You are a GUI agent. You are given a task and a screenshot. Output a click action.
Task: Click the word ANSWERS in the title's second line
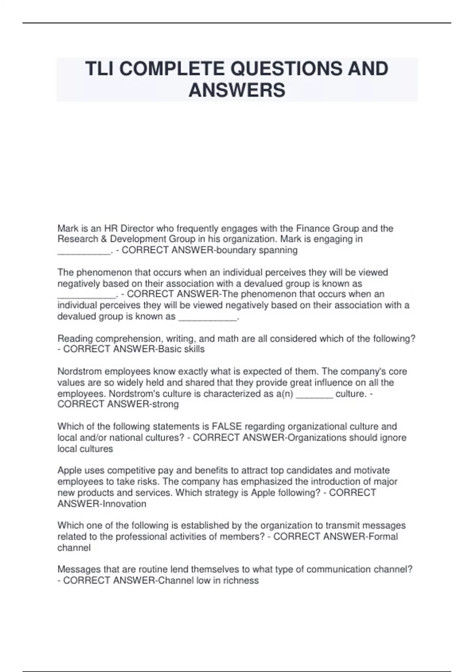click(237, 90)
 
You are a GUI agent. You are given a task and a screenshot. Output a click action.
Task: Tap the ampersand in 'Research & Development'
click(104, 239)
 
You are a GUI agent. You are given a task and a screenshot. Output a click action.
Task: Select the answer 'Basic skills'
click(181, 349)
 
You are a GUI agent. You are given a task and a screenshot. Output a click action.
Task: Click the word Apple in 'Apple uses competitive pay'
click(70, 470)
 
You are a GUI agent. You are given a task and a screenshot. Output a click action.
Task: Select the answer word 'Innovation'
click(124, 504)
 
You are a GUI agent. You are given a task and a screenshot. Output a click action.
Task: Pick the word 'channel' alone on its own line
click(74, 548)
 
